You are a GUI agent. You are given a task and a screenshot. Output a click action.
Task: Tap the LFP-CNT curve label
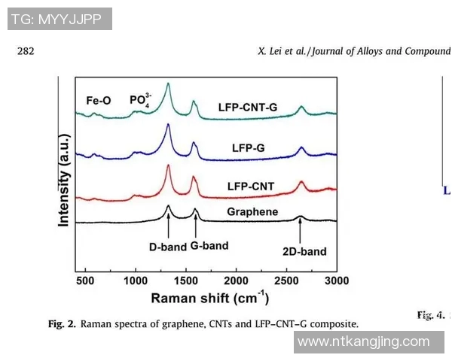click(251, 186)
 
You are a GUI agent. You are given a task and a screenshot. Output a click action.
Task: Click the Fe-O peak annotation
click(98, 99)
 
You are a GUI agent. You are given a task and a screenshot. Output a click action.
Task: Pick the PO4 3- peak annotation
click(142, 100)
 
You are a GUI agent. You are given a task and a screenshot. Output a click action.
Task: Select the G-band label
click(209, 245)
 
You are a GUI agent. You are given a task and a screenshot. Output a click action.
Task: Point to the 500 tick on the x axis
click(85, 281)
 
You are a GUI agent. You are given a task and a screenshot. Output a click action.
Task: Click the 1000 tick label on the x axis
click(136, 281)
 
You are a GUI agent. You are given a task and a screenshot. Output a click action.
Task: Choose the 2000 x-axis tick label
click(236, 281)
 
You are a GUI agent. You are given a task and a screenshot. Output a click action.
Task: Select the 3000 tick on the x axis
click(336, 281)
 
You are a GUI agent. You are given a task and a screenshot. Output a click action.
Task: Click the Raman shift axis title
click(209, 298)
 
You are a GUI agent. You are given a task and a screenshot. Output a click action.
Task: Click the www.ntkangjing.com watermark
click(364, 341)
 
